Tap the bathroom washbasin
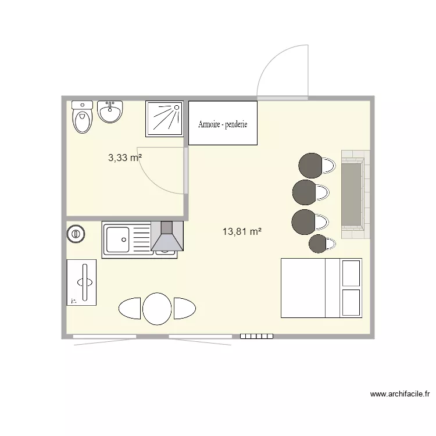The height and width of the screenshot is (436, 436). [110, 111]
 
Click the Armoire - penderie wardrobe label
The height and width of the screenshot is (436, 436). [223, 124]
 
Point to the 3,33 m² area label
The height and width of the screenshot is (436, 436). [125, 157]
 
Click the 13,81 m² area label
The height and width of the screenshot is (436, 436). [242, 231]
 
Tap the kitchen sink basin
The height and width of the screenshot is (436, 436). [118, 238]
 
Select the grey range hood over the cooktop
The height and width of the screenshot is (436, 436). [167, 237]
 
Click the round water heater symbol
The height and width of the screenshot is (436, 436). [76, 234]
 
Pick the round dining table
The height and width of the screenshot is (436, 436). [157, 308]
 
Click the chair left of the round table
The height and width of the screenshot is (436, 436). [130, 308]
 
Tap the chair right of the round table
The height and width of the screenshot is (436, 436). [184, 308]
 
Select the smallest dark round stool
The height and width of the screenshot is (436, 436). [318, 244]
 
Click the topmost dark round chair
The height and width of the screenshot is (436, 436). [310, 165]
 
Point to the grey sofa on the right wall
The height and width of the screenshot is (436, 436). [352, 194]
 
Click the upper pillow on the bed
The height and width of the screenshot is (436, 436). [352, 272]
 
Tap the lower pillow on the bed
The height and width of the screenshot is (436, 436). [352, 302]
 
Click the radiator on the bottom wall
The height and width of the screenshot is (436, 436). [256, 336]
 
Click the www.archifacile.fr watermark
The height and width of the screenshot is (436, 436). [400, 395]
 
